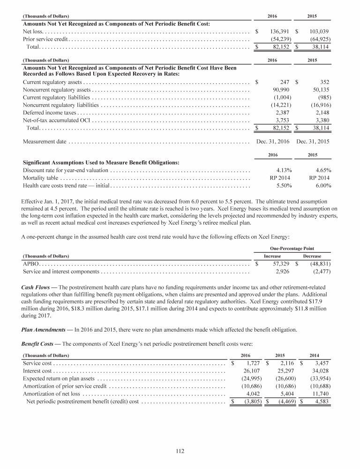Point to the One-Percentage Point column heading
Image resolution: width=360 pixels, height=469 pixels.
point(292,248)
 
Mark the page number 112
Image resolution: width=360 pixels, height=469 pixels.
point(180,451)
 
